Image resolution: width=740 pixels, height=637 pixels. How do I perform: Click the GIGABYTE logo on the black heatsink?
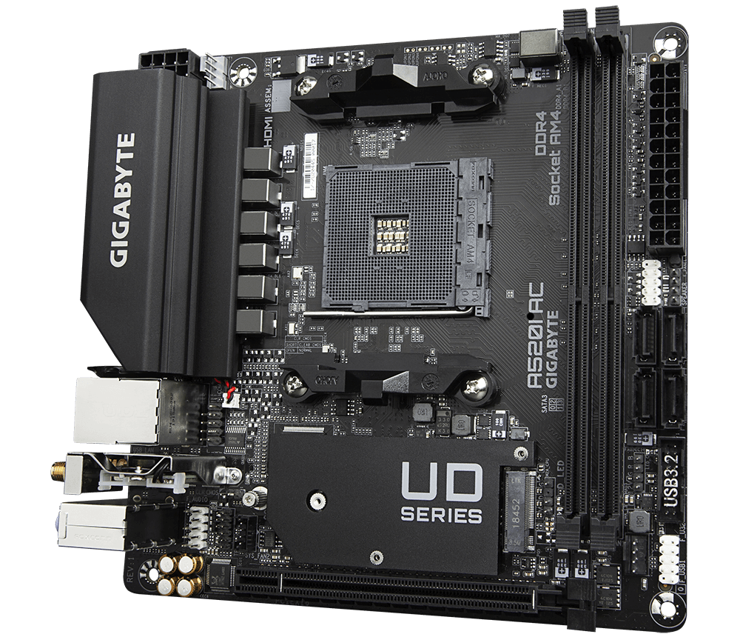[x=122, y=200]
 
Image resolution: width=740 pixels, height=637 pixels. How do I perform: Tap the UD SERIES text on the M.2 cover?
[x=442, y=493]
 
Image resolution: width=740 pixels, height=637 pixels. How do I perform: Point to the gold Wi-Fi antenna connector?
[x=55, y=469]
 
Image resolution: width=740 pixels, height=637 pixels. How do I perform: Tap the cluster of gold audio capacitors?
[x=180, y=574]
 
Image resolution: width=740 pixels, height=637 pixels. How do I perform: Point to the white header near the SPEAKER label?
[x=650, y=282]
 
